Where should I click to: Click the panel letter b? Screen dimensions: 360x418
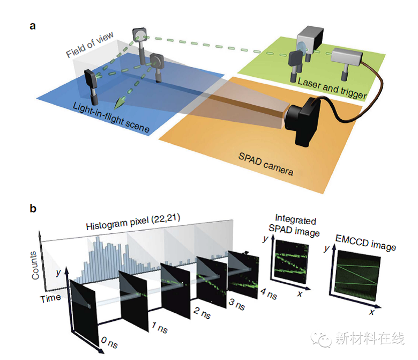[33, 208]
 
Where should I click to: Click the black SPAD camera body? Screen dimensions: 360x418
[303, 122]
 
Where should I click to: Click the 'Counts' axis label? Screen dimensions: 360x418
[36, 265]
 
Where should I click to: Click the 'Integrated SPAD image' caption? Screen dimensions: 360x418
[295, 225]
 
